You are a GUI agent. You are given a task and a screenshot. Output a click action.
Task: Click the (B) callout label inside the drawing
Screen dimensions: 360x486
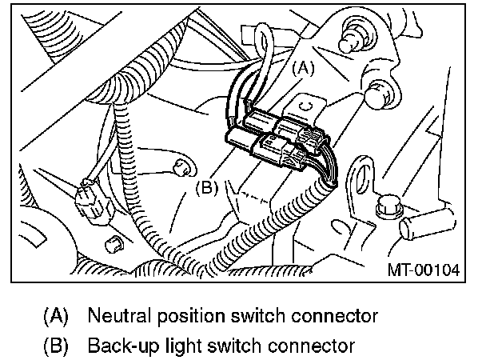206,189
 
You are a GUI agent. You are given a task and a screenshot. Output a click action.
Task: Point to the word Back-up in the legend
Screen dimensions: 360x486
118,346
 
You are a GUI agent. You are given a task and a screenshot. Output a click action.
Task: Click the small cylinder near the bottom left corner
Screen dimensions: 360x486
113,242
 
